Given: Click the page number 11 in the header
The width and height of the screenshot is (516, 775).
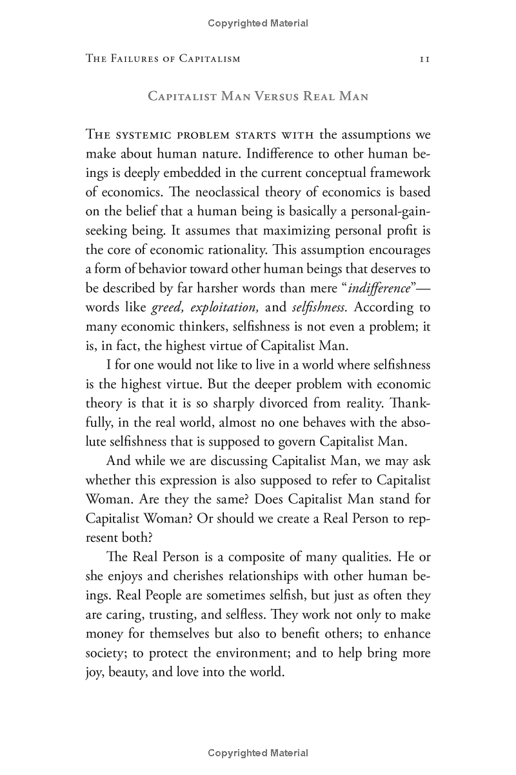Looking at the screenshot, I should pyautogui.click(x=424, y=59).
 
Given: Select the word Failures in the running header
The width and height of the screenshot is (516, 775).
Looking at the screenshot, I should pyautogui.click(x=139, y=59).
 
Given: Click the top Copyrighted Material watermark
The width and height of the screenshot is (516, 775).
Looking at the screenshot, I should pyautogui.click(x=258, y=23).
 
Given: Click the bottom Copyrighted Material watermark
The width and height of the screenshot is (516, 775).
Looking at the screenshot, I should pyautogui.click(x=258, y=753).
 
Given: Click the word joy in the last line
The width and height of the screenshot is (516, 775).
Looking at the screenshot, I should pyautogui.click(x=95, y=672).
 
